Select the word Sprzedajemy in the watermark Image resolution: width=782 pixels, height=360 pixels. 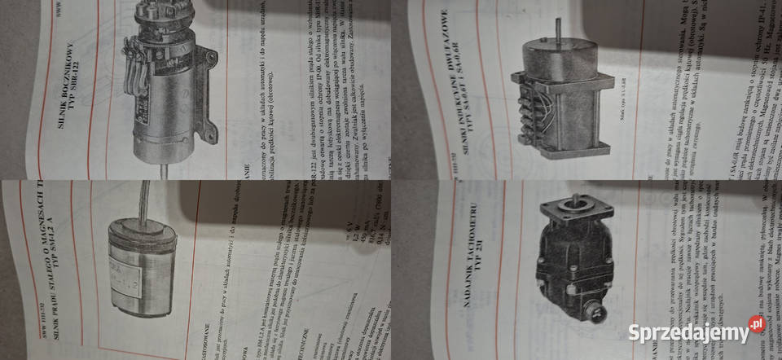686,333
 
